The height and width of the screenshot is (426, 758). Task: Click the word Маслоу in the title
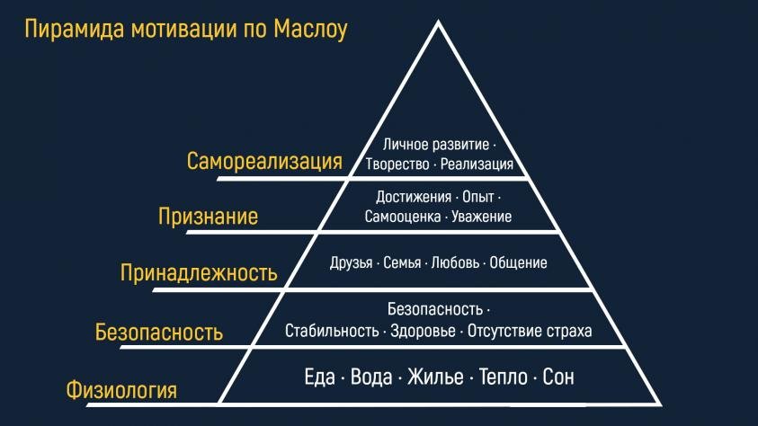click(x=310, y=29)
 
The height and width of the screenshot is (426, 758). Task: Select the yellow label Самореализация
click(x=264, y=161)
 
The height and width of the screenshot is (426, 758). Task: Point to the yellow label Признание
click(x=208, y=217)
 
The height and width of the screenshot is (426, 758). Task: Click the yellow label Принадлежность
click(x=199, y=273)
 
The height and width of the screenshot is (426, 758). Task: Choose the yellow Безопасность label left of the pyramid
click(x=158, y=332)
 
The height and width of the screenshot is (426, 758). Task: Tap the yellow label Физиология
click(x=121, y=390)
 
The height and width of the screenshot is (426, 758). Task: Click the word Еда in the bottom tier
click(x=319, y=377)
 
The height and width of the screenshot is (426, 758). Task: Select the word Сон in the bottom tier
click(x=558, y=377)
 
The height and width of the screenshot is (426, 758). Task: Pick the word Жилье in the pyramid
click(x=435, y=377)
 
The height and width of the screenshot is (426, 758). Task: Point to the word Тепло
click(x=504, y=377)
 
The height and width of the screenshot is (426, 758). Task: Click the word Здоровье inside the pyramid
click(x=423, y=332)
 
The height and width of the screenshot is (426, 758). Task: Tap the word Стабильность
click(x=332, y=331)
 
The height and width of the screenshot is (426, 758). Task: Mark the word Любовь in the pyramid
click(x=455, y=262)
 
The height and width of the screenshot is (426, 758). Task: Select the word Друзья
click(x=352, y=263)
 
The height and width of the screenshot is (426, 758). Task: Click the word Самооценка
click(x=403, y=217)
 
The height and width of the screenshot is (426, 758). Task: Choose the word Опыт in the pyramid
click(x=478, y=197)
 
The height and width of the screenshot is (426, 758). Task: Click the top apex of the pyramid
click(x=438, y=21)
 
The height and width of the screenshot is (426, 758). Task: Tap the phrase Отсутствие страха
click(x=530, y=332)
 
